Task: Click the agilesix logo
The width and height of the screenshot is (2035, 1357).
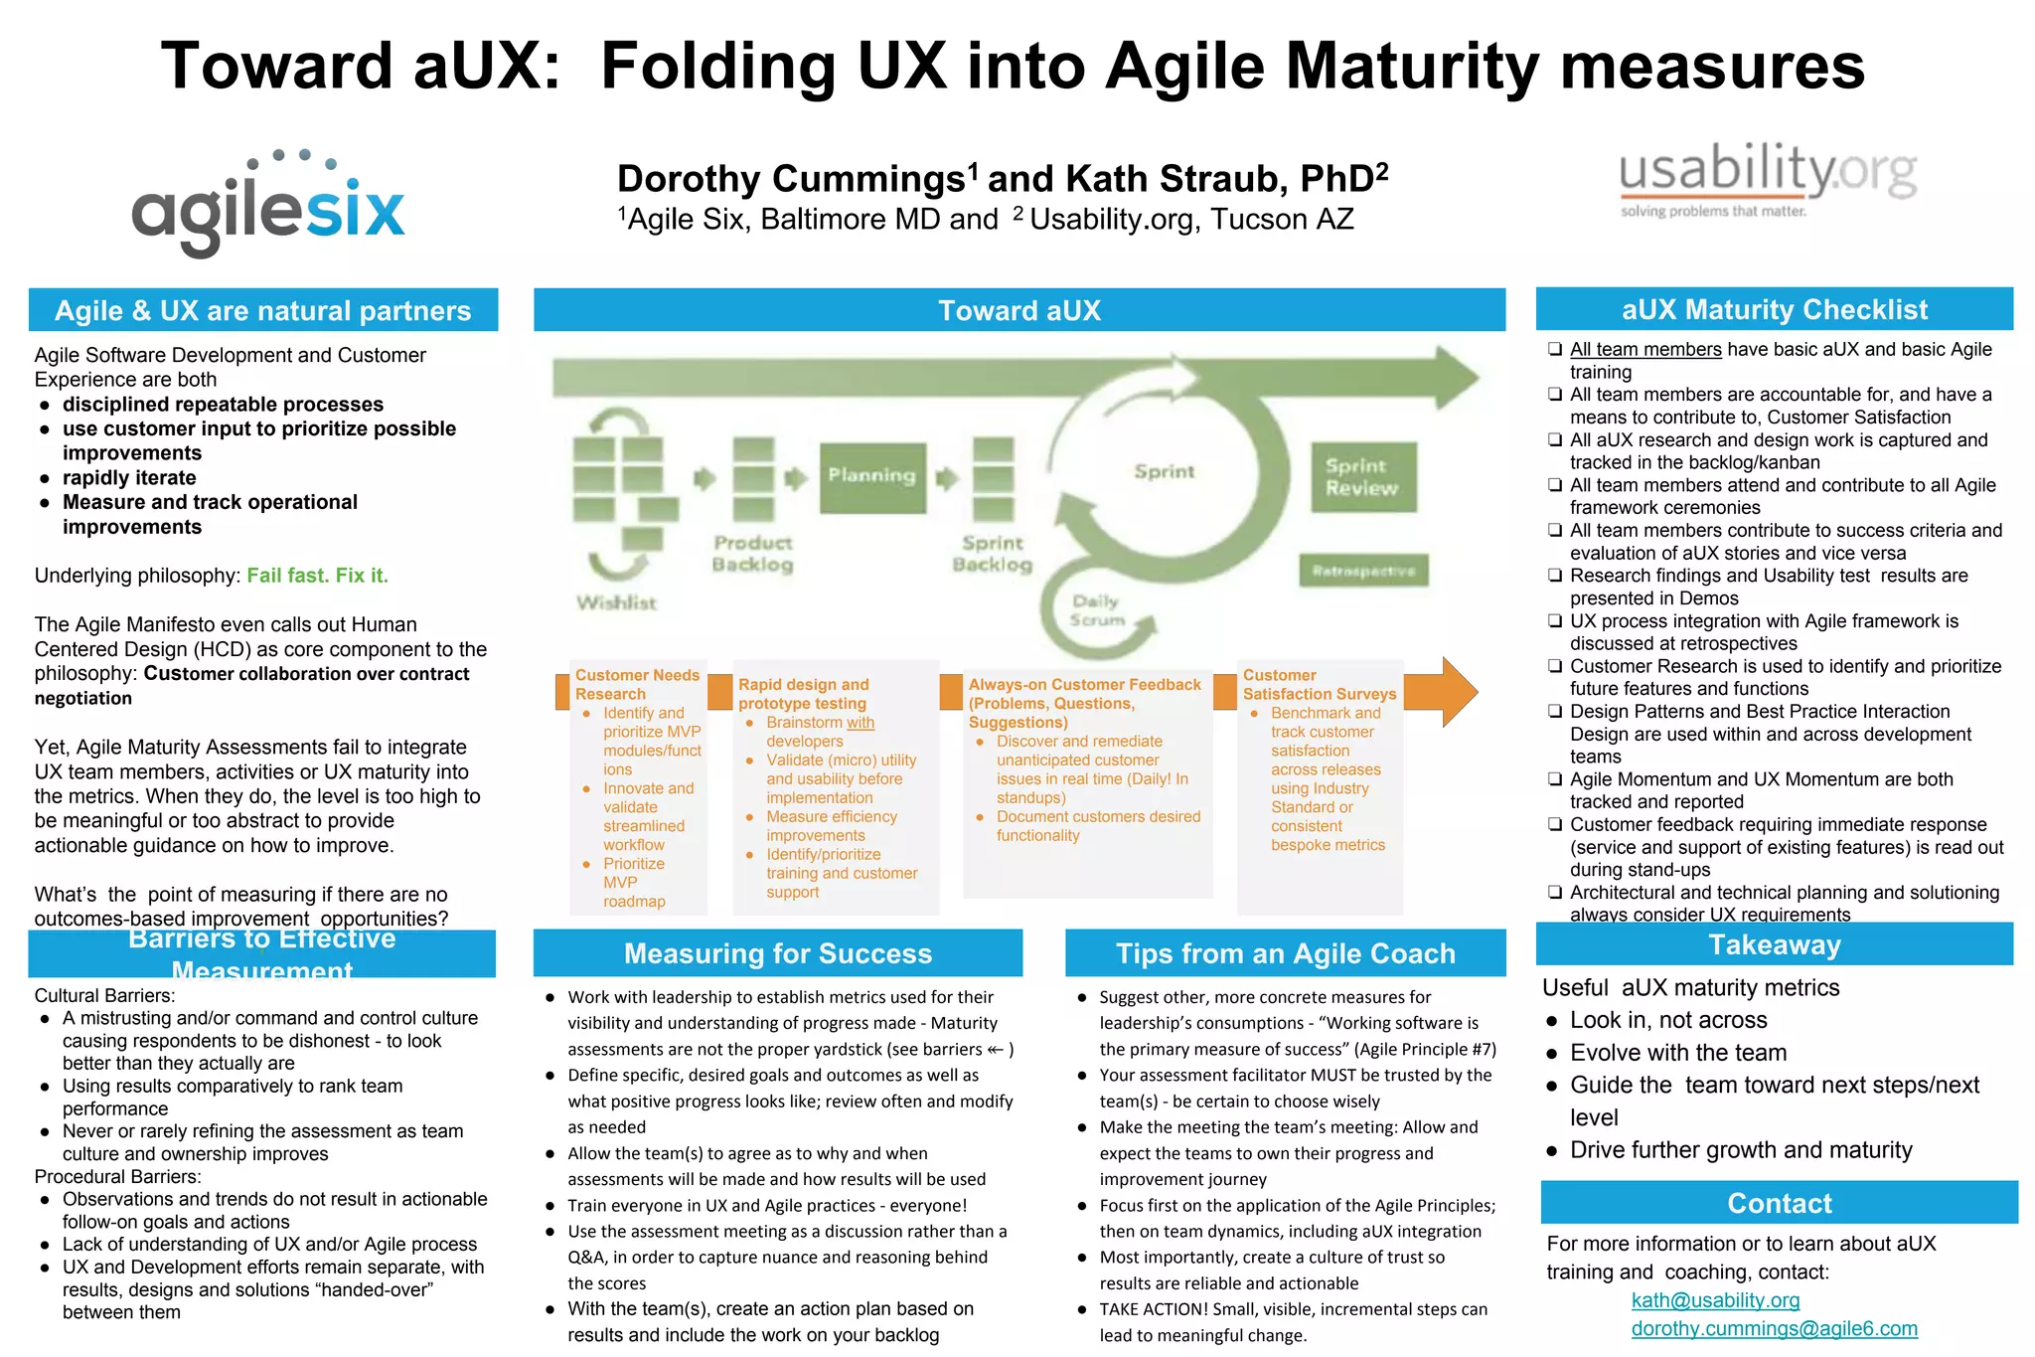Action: click(268, 204)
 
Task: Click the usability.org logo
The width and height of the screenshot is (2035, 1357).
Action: click(1768, 180)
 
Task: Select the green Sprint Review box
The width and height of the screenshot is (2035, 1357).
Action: click(1362, 477)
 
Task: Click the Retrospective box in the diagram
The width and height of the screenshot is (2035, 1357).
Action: click(1363, 571)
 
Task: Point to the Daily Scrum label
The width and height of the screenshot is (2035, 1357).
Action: click(1096, 610)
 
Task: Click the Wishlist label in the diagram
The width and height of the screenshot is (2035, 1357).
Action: click(616, 602)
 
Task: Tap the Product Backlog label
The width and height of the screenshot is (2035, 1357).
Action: click(752, 554)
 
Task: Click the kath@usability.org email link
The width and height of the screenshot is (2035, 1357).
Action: click(1715, 1300)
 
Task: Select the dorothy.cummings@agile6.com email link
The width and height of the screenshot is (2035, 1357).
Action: click(1774, 1328)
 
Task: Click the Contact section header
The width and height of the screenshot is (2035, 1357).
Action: click(1779, 1203)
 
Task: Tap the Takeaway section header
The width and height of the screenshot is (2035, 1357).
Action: click(1775, 944)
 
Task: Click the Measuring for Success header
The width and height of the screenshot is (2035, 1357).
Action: click(778, 953)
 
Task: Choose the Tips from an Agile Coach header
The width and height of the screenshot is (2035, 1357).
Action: click(1285, 953)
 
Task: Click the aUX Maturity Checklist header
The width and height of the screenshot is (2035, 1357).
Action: click(1775, 310)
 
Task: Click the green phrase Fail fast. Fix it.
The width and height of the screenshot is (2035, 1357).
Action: click(317, 576)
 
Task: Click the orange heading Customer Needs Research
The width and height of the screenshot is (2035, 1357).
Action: click(637, 684)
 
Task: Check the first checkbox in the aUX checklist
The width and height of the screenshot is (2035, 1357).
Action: click(1555, 349)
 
